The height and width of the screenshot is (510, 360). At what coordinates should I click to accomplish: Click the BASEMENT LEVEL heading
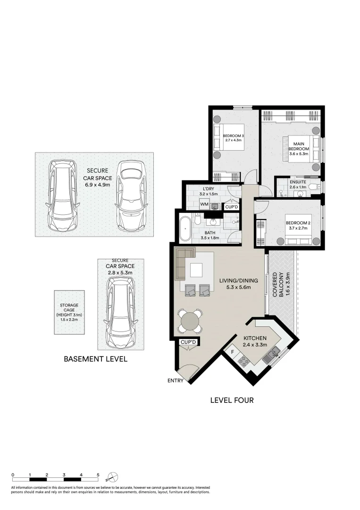click(x=95, y=359)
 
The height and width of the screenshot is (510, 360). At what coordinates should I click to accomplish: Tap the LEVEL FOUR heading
click(x=232, y=400)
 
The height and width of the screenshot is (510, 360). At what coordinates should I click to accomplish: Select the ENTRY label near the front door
click(x=175, y=381)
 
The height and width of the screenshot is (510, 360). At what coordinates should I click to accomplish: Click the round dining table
click(x=190, y=321)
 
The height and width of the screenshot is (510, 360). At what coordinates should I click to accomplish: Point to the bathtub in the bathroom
click(x=185, y=228)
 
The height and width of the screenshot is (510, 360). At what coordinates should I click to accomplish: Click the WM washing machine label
click(x=204, y=204)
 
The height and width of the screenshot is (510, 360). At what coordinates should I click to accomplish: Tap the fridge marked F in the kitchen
click(x=233, y=352)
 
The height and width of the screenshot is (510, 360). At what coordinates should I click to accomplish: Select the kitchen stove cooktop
click(x=244, y=362)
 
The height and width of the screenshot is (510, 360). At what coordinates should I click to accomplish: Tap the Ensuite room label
click(x=297, y=182)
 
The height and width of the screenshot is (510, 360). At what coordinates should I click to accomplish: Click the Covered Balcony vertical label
click(x=278, y=284)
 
